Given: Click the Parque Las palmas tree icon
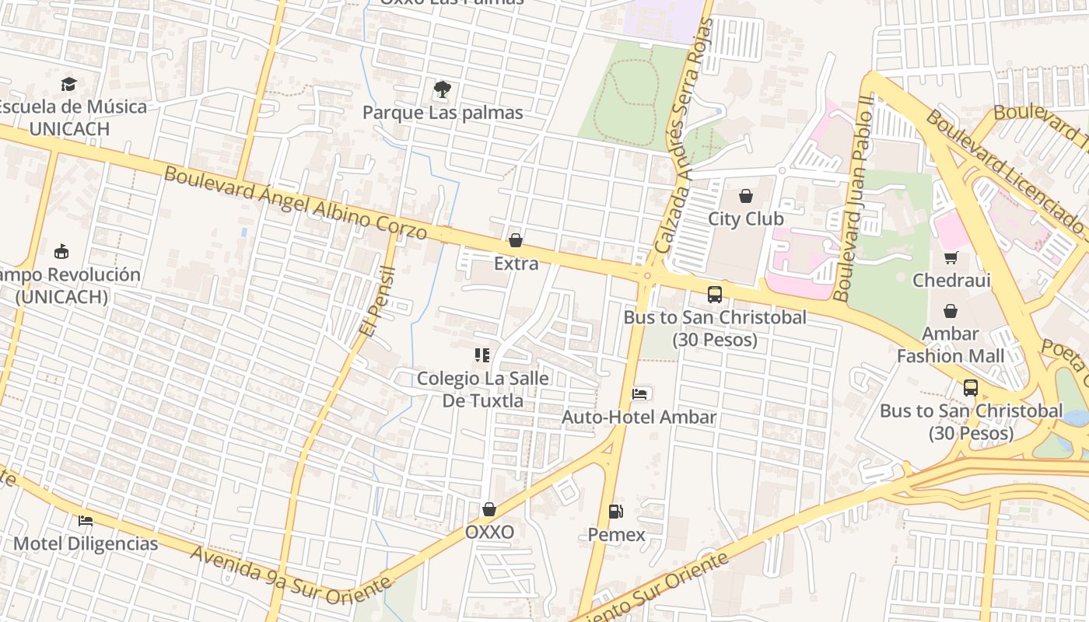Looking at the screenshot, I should click(443, 89).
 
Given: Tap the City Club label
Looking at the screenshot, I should click(745, 218).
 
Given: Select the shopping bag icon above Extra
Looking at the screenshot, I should click(515, 241).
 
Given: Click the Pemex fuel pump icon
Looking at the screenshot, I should click(615, 512).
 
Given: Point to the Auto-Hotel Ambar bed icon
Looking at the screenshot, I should click(639, 394).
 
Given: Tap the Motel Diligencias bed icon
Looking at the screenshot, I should click(86, 520).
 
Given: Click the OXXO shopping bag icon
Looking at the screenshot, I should click(489, 509).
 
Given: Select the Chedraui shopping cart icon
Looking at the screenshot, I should click(951, 257).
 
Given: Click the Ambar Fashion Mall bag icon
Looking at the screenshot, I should click(951, 311).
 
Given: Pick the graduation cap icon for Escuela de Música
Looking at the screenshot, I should click(69, 83).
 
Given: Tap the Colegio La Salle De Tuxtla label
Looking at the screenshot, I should click(483, 390).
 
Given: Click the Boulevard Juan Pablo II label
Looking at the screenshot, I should click(854, 198).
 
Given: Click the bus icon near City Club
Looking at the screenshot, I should click(715, 295).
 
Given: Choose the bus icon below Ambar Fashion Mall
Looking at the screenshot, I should click(970, 387).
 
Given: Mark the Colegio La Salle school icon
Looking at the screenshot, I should click(482, 355).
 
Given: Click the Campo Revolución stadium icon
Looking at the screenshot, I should click(61, 251).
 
